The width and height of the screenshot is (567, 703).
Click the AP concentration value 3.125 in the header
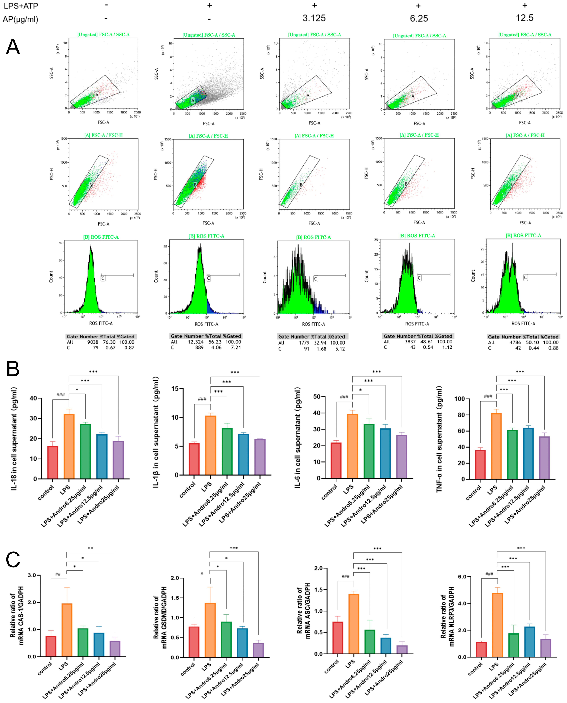point(314,18)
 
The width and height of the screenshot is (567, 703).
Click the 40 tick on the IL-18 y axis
point(33,398)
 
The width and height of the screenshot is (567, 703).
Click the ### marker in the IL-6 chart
point(344,397)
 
